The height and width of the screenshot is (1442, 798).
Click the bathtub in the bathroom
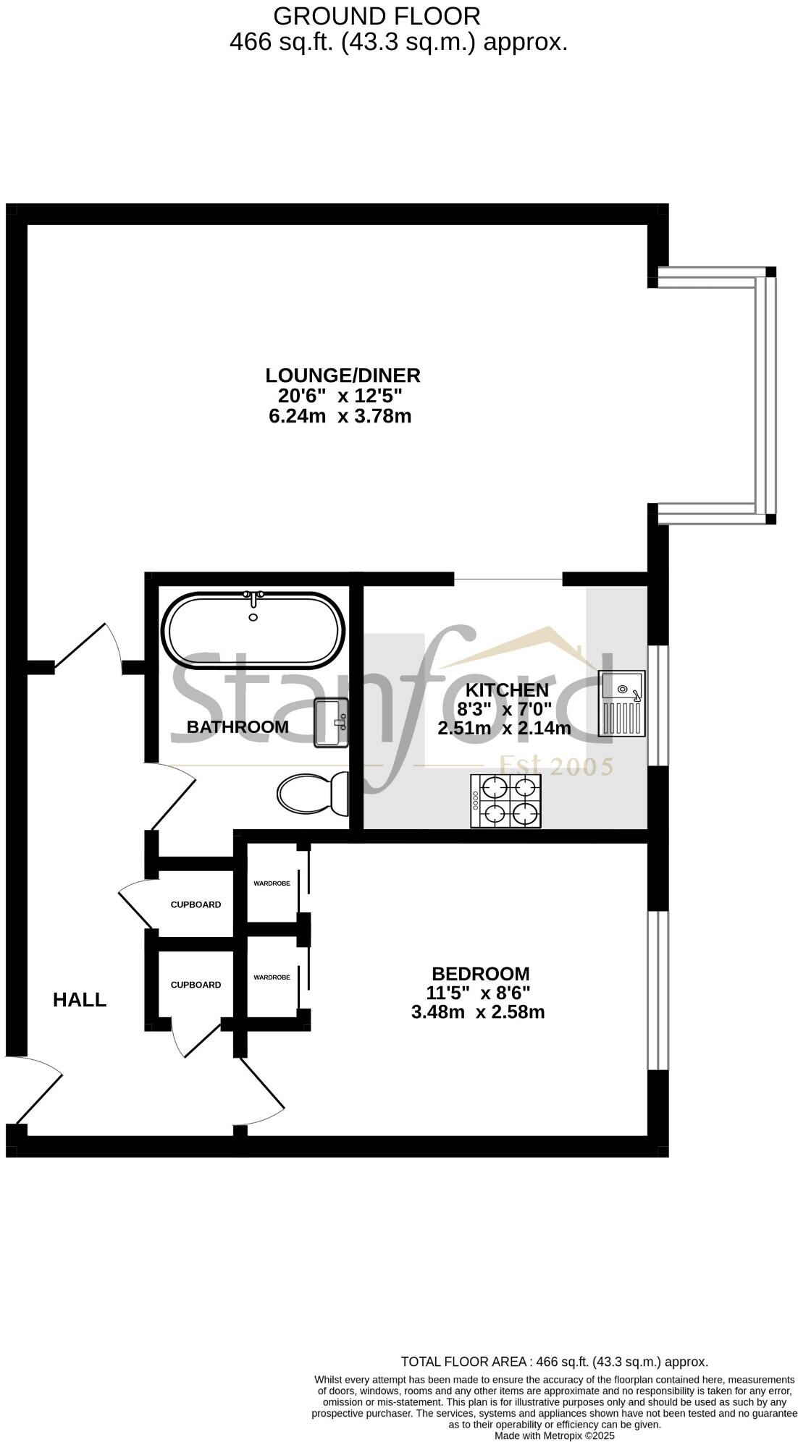click(x=253, y=629)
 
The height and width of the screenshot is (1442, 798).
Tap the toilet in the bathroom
click(x=312, y=794)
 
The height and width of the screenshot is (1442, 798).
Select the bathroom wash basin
click(x=332, y=723)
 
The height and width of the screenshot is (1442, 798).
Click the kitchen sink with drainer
click(x=621, y=703)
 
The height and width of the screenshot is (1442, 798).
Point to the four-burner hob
click(x=505, y=800)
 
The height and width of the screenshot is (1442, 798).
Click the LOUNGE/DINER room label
click(x=343, y=376)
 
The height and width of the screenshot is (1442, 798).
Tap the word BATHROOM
click(x=238, y=727)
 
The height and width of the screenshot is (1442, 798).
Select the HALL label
click(x=80, y=1000)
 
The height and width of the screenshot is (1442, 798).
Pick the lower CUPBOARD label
click(x=196, y=985)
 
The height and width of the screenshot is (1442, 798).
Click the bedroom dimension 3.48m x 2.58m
click(x=477, y=1012)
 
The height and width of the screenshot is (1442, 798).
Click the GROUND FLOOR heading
click(x=377, y=16)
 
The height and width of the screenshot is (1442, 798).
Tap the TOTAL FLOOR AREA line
click(x=554, y=1362)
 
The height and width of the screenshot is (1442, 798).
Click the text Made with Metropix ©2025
click(x=554, y=1435)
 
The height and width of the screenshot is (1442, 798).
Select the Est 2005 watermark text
click(x=557, y=765)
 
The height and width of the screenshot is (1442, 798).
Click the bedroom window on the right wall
click(x=658, y=990)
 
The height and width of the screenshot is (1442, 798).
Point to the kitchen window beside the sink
click(x=658, y=705)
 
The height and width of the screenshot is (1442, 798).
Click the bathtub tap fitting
click(x=253, y=598)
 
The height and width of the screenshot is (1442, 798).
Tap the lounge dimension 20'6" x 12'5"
click(x=340, y=396)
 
